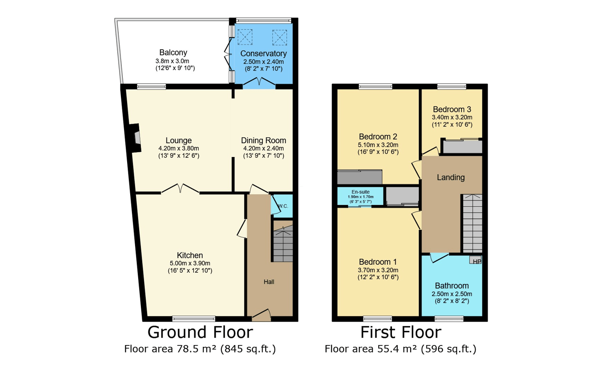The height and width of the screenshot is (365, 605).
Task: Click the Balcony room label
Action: tap(173, 52)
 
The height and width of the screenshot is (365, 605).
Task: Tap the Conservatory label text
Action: tap(264, 54)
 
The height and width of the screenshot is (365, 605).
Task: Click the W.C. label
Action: tap(283, 206)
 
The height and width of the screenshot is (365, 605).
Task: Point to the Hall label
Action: tap(269, 282)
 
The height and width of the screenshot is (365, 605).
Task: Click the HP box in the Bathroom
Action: tap(475, 260)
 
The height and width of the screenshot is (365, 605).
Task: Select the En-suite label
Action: tap(361, 192)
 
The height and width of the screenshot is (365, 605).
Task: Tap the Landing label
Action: tap(451, 177)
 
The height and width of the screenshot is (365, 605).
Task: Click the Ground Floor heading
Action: tap(200, 332)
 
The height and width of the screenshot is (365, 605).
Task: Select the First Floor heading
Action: tap(401, 332)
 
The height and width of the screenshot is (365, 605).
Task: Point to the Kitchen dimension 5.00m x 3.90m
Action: tap(190, 263)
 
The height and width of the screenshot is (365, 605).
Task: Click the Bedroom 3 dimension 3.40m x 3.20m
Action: tap(452, 118)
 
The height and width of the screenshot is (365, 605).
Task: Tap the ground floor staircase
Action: tap(283, 243)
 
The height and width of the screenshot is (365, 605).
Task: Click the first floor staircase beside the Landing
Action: tap(473, 224)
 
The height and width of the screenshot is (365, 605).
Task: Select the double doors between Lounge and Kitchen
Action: tap(180, 188)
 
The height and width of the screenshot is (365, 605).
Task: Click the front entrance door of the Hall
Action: tap(261, 315)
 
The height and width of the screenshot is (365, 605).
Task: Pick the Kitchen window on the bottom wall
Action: tap(194, 319)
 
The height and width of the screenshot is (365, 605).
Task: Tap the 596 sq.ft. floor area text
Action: tap(449, 349)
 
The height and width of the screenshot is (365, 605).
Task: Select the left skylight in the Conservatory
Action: tap(244, 37)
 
